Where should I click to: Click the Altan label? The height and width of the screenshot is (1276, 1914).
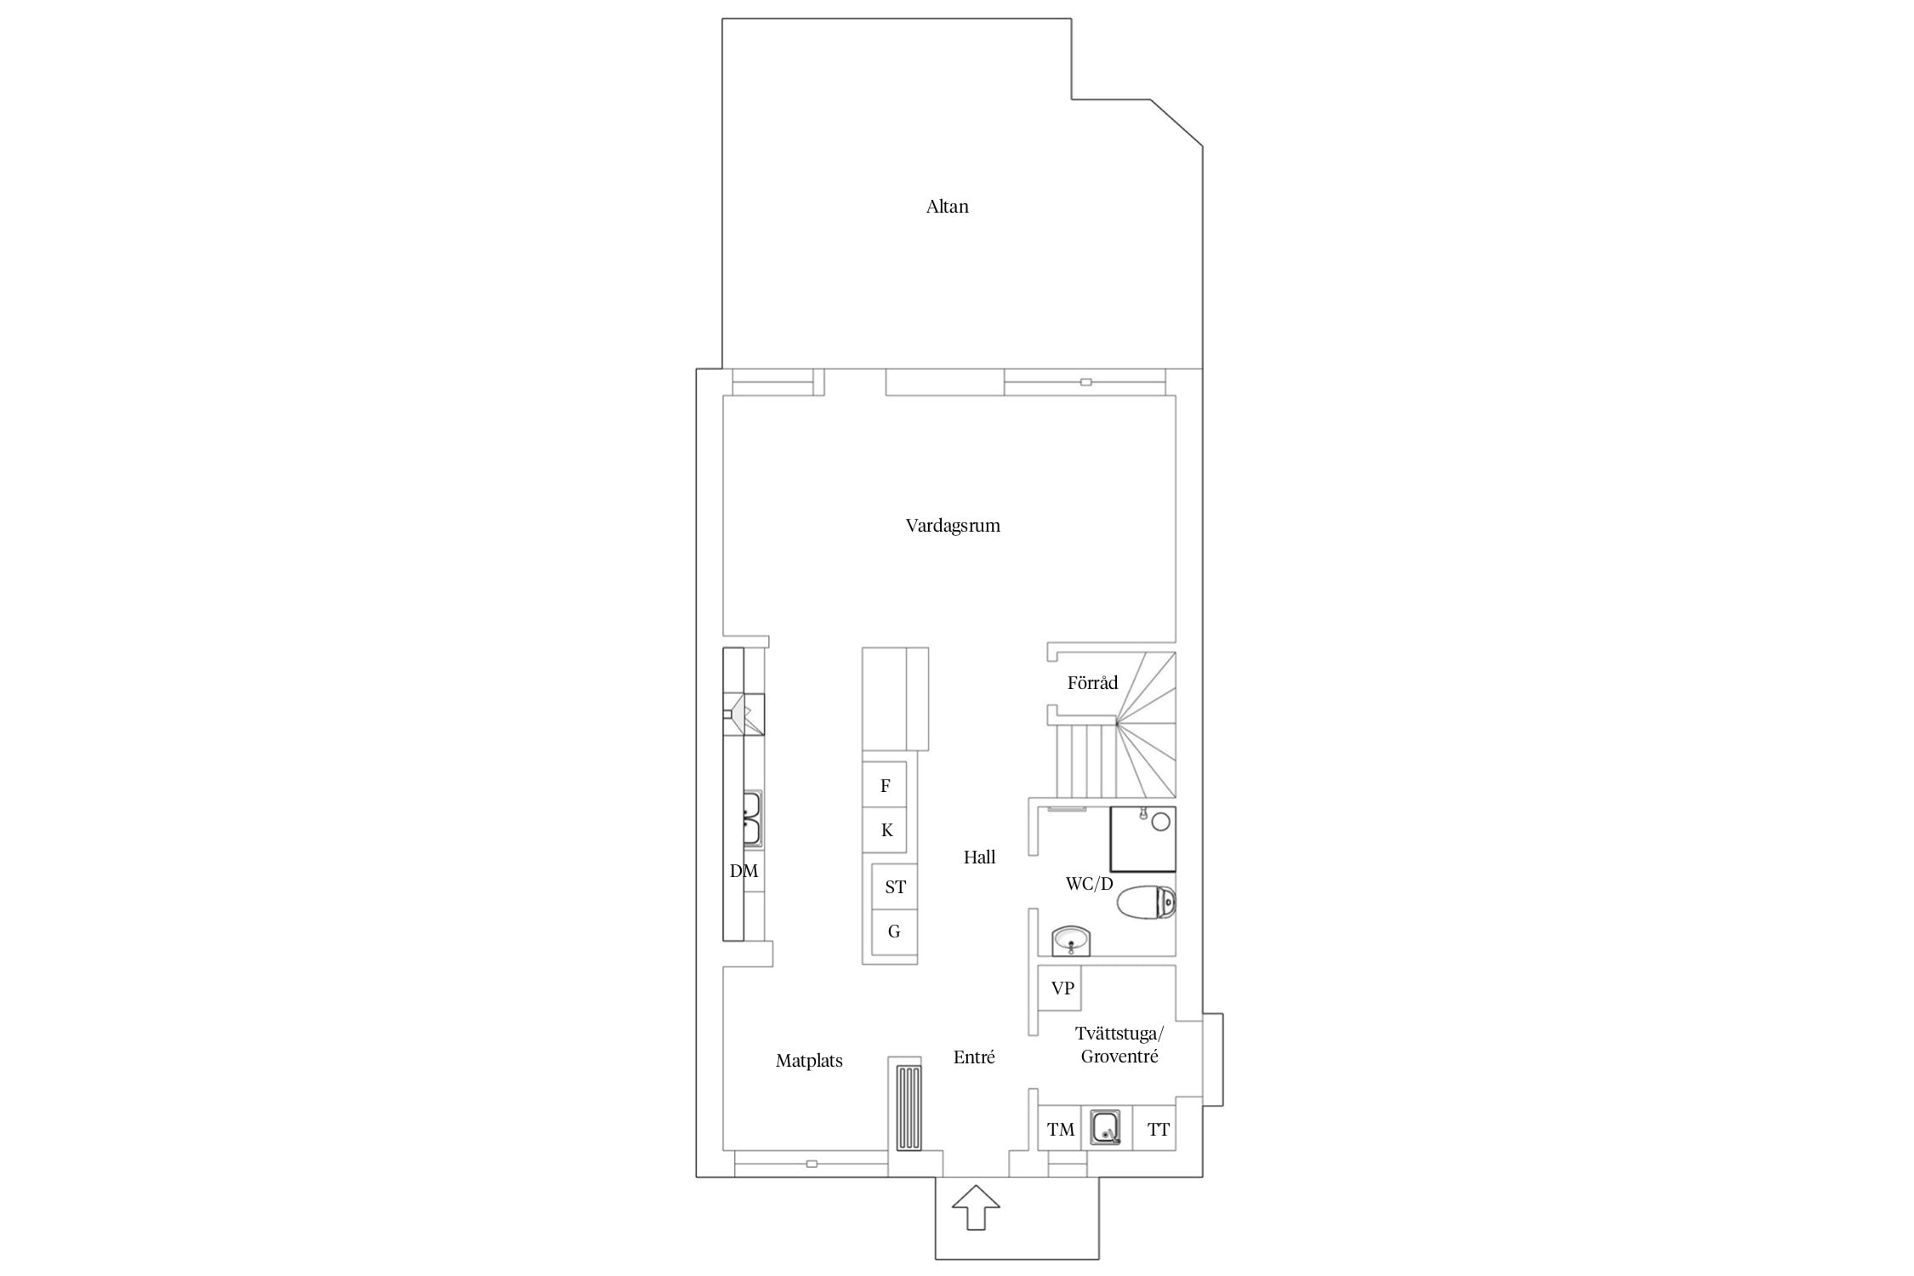coord(947,207)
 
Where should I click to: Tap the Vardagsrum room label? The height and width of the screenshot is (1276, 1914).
coord(953,526)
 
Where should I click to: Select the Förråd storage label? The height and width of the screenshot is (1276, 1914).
coord(1092,682)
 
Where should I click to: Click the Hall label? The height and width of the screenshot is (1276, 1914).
coord(979,857)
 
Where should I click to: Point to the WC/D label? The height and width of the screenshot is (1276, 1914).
coord(1089,884)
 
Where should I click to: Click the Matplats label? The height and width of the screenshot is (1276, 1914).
coord(809,1061)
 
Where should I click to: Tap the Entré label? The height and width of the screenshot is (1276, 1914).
coord(974,1057)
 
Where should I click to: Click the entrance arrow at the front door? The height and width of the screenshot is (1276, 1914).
coord(976,1207)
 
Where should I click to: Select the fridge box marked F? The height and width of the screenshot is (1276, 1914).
coord(885,785)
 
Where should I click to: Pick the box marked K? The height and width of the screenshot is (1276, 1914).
coord(885,830)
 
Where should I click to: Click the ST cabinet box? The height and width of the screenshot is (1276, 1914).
coord(895,887)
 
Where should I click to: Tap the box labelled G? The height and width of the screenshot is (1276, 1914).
coord(895,932)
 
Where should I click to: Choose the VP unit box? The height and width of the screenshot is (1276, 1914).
coord(1060,988)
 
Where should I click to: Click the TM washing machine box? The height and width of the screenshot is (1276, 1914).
coord(1060,1129)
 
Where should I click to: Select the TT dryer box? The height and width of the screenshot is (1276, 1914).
coord(1155,1129)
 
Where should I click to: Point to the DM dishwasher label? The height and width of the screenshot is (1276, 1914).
coord(743,871)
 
